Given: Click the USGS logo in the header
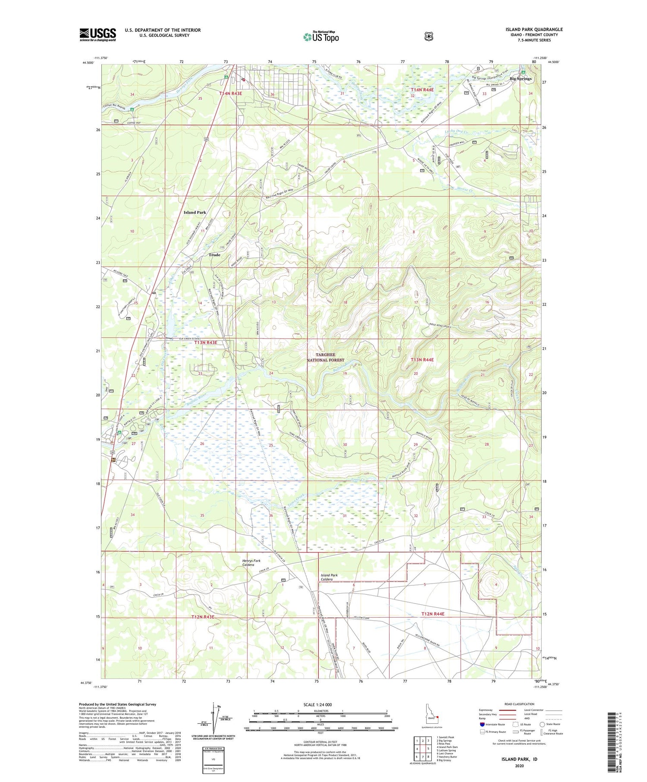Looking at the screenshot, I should (x=97, y=35).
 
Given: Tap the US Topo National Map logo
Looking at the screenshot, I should (x=321, y=37).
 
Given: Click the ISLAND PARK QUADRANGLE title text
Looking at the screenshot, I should (x=534, y=29).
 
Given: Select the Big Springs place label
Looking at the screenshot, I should (x=520, y=79).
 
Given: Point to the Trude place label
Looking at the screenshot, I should (x=214, y=255).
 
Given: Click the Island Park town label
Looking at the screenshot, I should (x=195, y=212).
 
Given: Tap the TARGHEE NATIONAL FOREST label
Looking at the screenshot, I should (x=326, y=357).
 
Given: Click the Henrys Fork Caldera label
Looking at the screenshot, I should (x=251, y=562).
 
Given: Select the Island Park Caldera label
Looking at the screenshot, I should (x=329, y=577).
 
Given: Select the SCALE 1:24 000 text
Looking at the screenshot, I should (x=320, y=704).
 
